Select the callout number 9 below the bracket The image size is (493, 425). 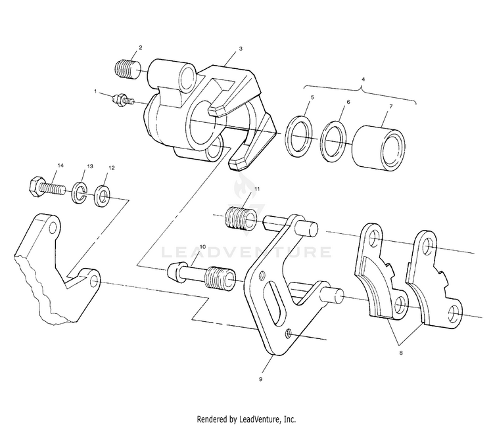tap(261, 379)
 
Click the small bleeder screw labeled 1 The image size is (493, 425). tap(122, 100)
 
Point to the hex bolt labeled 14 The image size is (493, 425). tap(46, 187)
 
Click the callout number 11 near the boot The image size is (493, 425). tap(257, 189)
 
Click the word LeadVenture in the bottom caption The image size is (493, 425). tap(272, 418)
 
